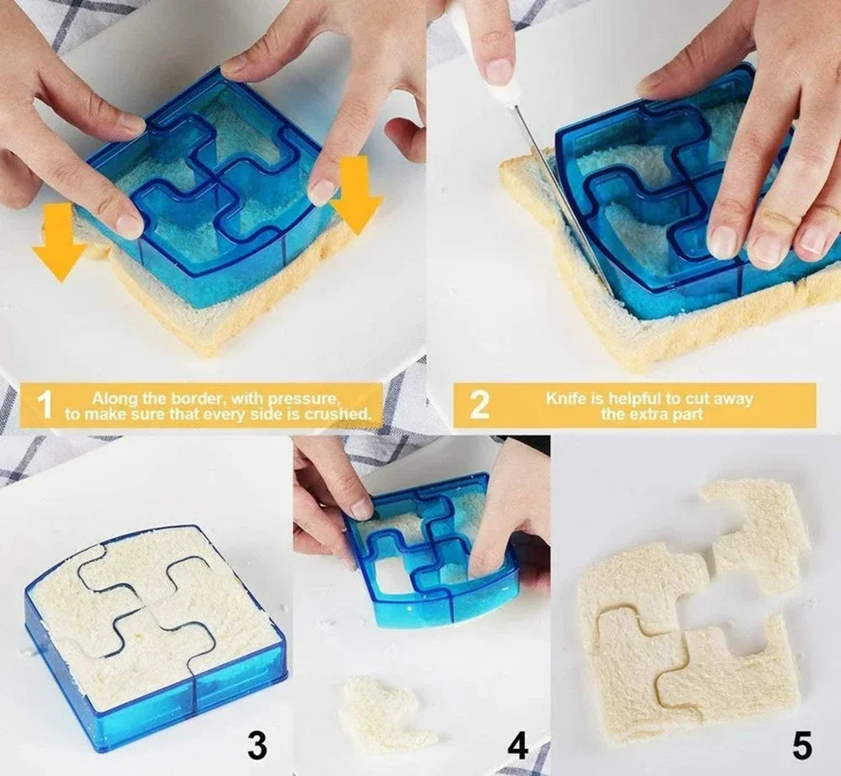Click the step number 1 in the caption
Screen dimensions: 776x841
click(45, 405)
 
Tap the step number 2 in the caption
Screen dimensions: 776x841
click(479, 405)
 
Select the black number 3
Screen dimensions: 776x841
click(257, 745)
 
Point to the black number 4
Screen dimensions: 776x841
click(518, 745)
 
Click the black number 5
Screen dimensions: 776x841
click(801, 745)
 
